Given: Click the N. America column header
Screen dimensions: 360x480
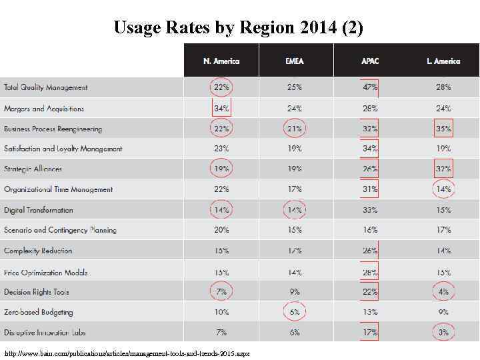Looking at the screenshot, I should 221,61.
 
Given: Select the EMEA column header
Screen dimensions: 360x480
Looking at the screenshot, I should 295,61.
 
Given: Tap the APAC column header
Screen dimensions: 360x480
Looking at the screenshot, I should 370,61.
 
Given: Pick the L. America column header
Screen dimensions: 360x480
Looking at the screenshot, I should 443,61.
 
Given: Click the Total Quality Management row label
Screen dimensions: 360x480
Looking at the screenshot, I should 46,87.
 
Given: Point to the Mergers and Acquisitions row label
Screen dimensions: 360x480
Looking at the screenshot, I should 44,108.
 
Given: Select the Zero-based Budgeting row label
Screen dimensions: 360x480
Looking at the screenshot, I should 39,312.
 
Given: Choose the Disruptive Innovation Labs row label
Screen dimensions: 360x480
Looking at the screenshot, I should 45,332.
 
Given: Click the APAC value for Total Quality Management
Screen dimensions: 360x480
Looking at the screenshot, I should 370,87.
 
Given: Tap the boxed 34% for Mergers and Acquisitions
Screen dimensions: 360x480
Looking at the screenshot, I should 221,108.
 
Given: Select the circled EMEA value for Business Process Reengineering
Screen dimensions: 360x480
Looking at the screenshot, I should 295,129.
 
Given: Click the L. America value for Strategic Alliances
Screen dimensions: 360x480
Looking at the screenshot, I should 443,169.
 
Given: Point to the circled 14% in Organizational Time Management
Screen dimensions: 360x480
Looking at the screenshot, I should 443,189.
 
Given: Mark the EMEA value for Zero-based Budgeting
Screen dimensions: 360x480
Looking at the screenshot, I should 295,312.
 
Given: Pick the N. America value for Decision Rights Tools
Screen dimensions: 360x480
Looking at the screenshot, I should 221,292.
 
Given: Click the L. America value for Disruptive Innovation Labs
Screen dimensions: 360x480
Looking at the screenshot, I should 443,332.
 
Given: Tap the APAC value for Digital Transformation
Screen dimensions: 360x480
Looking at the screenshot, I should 370,210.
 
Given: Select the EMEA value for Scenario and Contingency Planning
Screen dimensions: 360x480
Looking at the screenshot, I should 295,230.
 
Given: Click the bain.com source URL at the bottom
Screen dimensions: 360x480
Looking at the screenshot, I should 127,353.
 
